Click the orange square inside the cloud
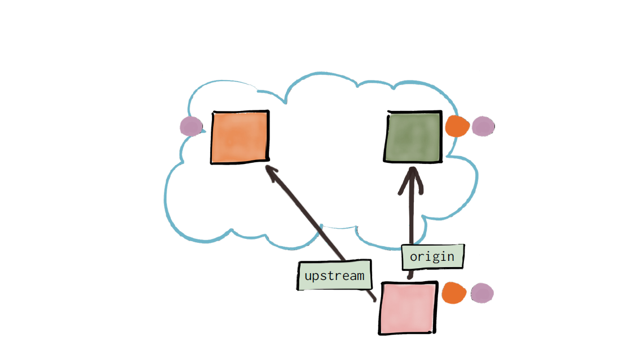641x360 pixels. [240, 137]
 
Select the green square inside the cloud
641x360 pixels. [413, 137]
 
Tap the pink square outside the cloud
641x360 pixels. [408, 308]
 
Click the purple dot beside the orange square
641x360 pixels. [191, 126]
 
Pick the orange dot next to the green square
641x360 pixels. [457, 126]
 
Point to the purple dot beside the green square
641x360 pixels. [483, 126]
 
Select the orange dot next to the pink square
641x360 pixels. [454, 293]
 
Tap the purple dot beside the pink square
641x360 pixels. [482, 294]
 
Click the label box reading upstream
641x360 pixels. [334, 275]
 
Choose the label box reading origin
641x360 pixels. [432, 256]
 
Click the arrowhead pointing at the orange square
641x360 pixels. [272, 172]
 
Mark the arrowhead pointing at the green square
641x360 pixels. [411, 180]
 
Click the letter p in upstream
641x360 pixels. [316, 277]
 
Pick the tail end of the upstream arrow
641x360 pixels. [374, 301]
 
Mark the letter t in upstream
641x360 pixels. [331, 275]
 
